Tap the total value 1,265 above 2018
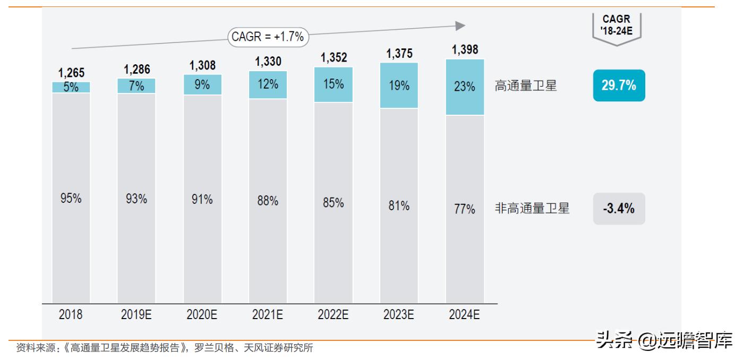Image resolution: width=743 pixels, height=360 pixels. (x=71, y=73)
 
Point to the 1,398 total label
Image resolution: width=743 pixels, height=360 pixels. (x=465, y=50)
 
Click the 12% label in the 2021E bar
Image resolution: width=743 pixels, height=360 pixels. (x=268, y=84)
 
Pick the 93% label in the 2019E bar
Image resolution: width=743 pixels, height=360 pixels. (x=136, y=200)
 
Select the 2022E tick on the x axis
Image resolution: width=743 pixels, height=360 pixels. (x=333, y=314)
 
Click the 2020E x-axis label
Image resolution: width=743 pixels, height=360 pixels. (x=202, y=314)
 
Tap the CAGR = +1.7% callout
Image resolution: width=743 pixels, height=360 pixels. (x=268, y=37)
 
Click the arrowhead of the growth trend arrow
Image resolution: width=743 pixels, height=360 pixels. (x=460, y=26)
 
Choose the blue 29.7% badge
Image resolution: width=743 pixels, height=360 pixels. (x=619, y=85)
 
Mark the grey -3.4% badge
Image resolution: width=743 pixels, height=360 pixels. (x=619, y=209)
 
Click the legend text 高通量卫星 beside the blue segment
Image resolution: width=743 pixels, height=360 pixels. (x=526, y=86)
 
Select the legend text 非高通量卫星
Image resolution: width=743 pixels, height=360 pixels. (x=532, y=209)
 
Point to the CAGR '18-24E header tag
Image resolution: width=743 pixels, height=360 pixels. (x=617, y=27)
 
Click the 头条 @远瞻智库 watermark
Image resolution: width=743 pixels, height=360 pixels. (x=664, y=340)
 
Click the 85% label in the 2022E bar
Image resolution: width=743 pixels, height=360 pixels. (x=333, y=203)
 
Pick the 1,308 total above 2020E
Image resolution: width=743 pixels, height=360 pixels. (x=202, y=65)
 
